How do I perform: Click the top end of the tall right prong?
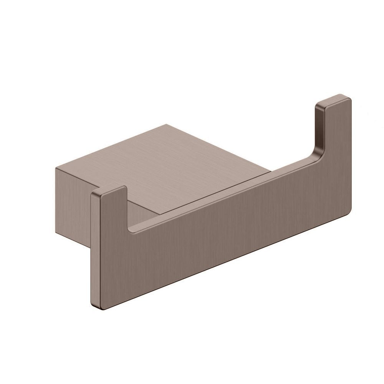(x=333, y=100)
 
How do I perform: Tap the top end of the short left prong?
(x=108, y=191)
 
